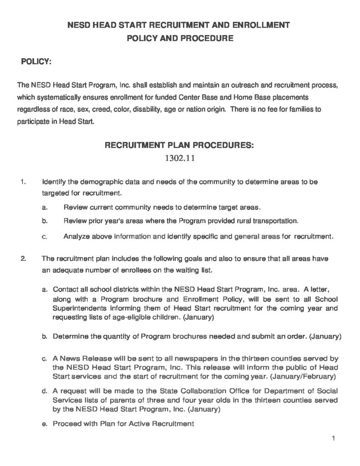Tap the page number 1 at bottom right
point(334,439)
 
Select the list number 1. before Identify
point(22,182)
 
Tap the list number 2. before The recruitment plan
point(22,259)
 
